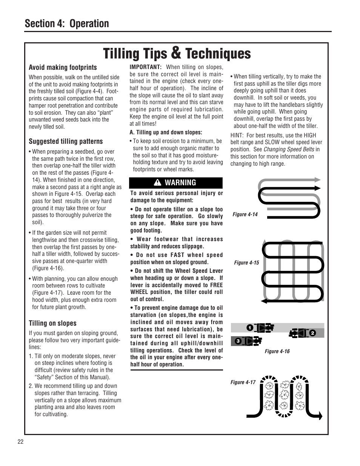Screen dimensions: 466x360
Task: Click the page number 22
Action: tap(20, 442)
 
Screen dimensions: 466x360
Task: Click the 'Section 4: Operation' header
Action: tap(67, 23)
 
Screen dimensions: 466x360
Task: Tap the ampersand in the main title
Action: tap(176, 53)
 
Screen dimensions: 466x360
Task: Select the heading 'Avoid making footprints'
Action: tap(63, 68)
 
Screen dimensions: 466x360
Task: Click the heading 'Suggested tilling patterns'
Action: tap(66, 141)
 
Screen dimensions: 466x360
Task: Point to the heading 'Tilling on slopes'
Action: tap(52, 323)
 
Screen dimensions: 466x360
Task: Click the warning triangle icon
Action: tap(158, 183)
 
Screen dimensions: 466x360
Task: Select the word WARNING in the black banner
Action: tap(180, 183)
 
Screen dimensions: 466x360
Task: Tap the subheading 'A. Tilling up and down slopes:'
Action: tap(166, 132)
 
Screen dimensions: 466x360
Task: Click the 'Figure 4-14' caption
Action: tap(245, 214)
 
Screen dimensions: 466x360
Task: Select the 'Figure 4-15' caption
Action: tap(246, 263)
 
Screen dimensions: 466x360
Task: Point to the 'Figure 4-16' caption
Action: tap(277, 351)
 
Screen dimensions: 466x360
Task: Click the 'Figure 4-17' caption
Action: tap(243, 382)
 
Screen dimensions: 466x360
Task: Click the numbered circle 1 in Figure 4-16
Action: tap(249, 328)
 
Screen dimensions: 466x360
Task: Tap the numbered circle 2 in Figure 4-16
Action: tap(312, 333)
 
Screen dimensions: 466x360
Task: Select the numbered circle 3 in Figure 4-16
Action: tap(238, 341)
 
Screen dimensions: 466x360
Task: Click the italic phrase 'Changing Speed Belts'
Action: tap(289, 149)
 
